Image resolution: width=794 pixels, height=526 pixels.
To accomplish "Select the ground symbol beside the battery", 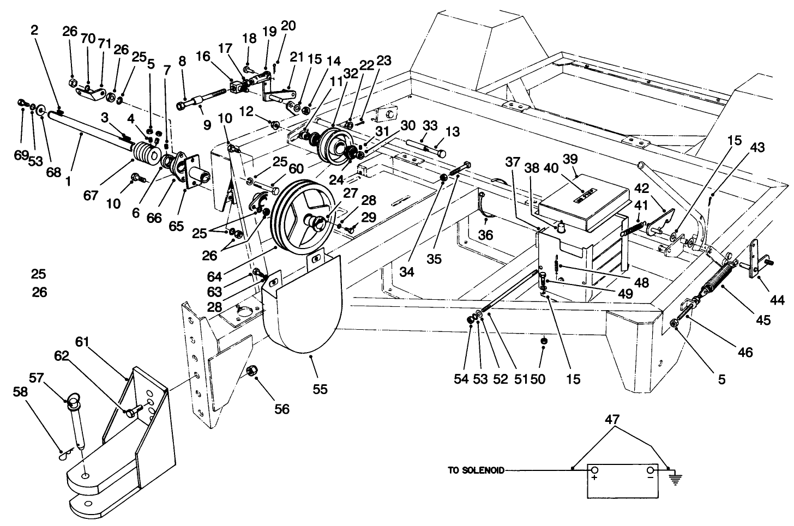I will (675, 479).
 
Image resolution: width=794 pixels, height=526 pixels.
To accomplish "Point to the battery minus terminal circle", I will (650, 470).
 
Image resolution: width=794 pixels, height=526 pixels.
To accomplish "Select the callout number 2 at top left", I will (34, 32).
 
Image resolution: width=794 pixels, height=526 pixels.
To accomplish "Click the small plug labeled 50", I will (543, 341).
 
